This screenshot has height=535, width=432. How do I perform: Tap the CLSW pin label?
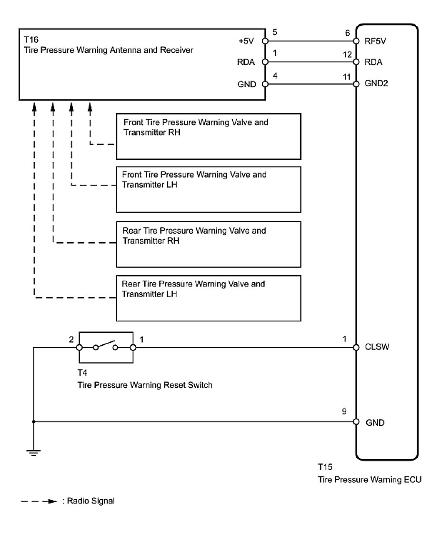(377, 347)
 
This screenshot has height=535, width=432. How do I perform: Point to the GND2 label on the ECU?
(376, 84)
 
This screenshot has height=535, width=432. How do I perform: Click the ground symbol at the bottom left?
(33, 452)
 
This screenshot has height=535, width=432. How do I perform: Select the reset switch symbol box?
(106, 347)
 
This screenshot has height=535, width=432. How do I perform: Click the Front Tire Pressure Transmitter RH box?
(209, 136)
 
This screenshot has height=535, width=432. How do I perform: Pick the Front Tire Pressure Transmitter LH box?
(209, 189)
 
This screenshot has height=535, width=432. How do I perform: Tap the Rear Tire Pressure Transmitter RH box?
(209, 244)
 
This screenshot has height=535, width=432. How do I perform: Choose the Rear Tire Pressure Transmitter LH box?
(209, 298)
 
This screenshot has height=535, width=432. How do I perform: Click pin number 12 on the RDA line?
(348, 54)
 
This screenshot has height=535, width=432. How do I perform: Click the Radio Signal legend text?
(89, 501)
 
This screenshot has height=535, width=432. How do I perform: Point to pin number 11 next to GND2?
(348, 76)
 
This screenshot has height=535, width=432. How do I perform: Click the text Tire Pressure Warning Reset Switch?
(145, 384)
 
